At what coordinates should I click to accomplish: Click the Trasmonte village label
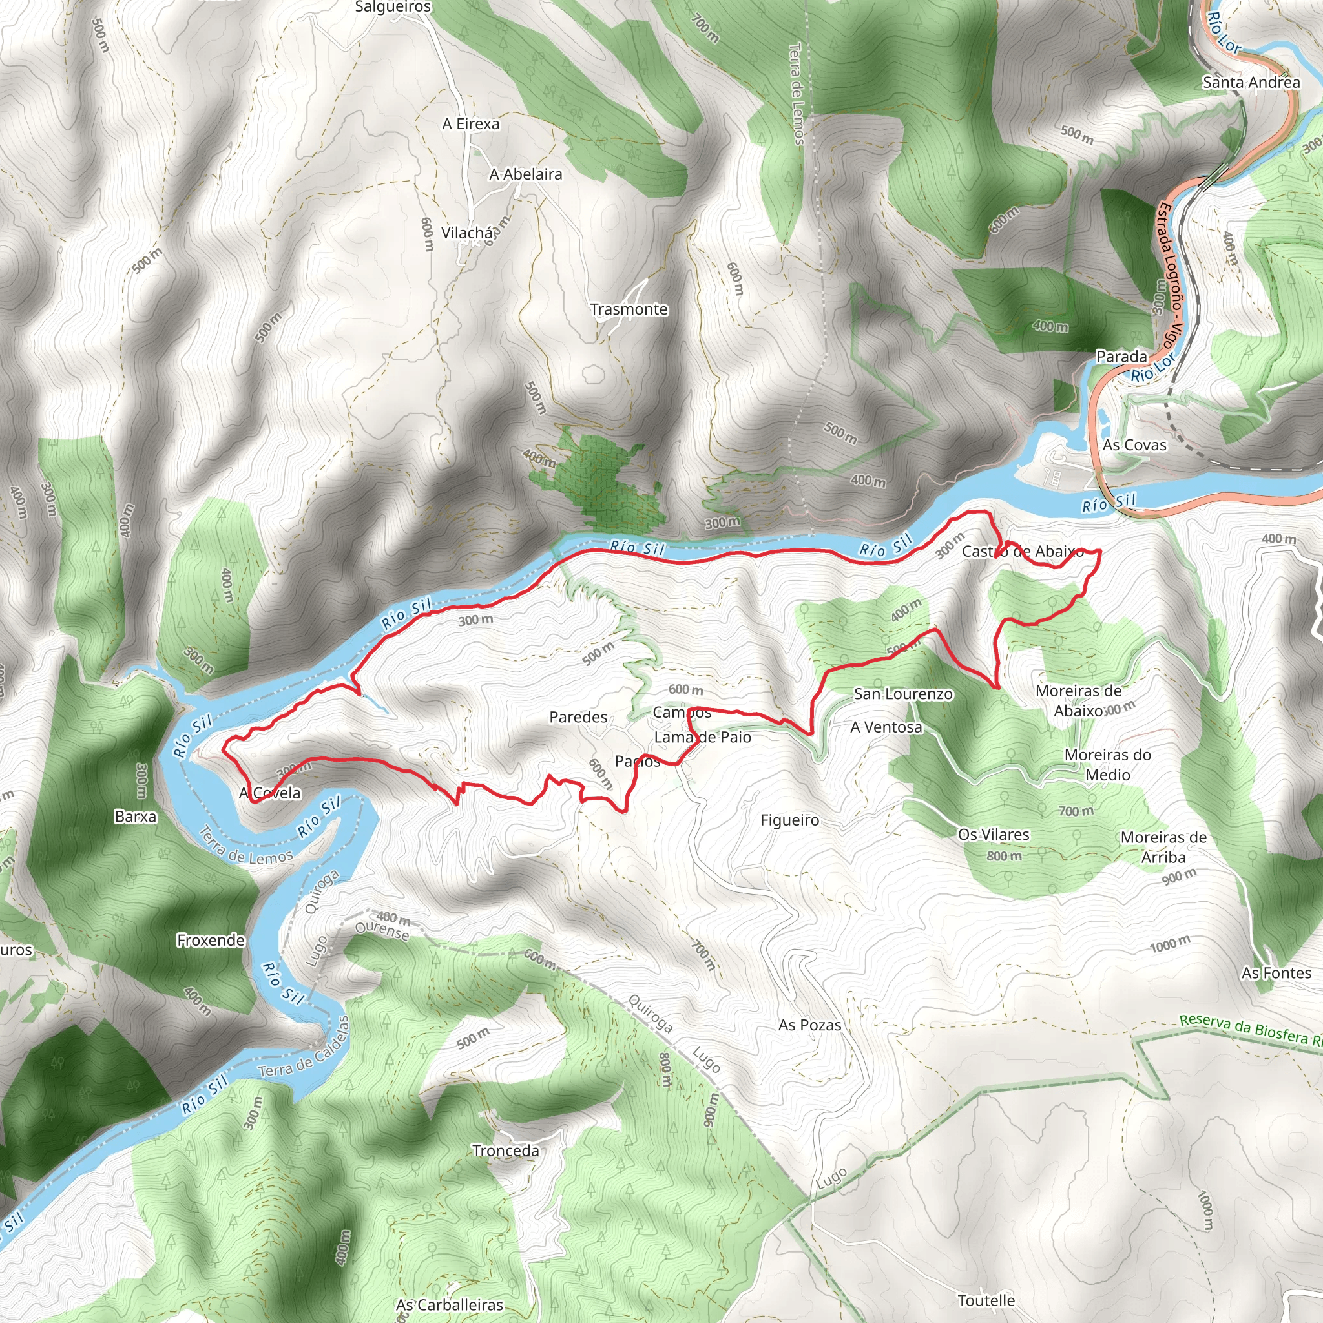point(629,309)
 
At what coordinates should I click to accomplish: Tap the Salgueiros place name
point(393,8)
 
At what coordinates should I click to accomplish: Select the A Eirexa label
point(470,124)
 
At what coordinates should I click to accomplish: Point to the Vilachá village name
point(466,233)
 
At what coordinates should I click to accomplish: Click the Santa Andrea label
point(1251,83)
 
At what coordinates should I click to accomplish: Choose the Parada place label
point(1121,356)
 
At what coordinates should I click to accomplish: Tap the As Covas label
point(1134,445)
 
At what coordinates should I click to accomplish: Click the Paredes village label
point(578,717)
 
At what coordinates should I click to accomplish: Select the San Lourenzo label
point(902,694)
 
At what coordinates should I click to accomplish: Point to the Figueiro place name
point(789,820)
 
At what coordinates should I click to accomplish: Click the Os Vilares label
point(993,834)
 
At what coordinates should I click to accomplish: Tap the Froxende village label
point(210,940)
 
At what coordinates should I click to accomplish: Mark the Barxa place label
point(136,817)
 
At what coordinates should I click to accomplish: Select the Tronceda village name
point(505,1151)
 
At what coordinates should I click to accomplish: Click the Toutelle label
point(986,1300)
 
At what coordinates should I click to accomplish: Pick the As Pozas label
point(809,1025)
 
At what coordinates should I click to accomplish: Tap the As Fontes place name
point(1276,972)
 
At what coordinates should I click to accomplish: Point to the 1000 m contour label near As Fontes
point(1170,945)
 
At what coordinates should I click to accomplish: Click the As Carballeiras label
point(449,1304)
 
